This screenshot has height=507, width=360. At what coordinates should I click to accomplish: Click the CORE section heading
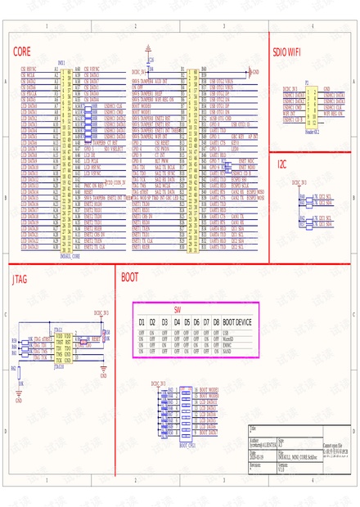click(22, 50)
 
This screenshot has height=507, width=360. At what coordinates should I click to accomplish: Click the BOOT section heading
click(129, 278)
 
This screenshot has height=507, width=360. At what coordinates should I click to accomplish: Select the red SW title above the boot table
click(176, 311)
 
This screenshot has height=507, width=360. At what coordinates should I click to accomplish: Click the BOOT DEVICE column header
click(237, 322)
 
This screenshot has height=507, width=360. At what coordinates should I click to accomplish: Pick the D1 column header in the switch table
click(141, 322)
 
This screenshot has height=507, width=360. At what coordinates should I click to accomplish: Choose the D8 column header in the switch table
click(216, 322)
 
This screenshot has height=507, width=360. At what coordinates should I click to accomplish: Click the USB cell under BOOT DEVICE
click(226, 333)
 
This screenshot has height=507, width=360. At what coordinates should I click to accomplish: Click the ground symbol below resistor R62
click(18, 398)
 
